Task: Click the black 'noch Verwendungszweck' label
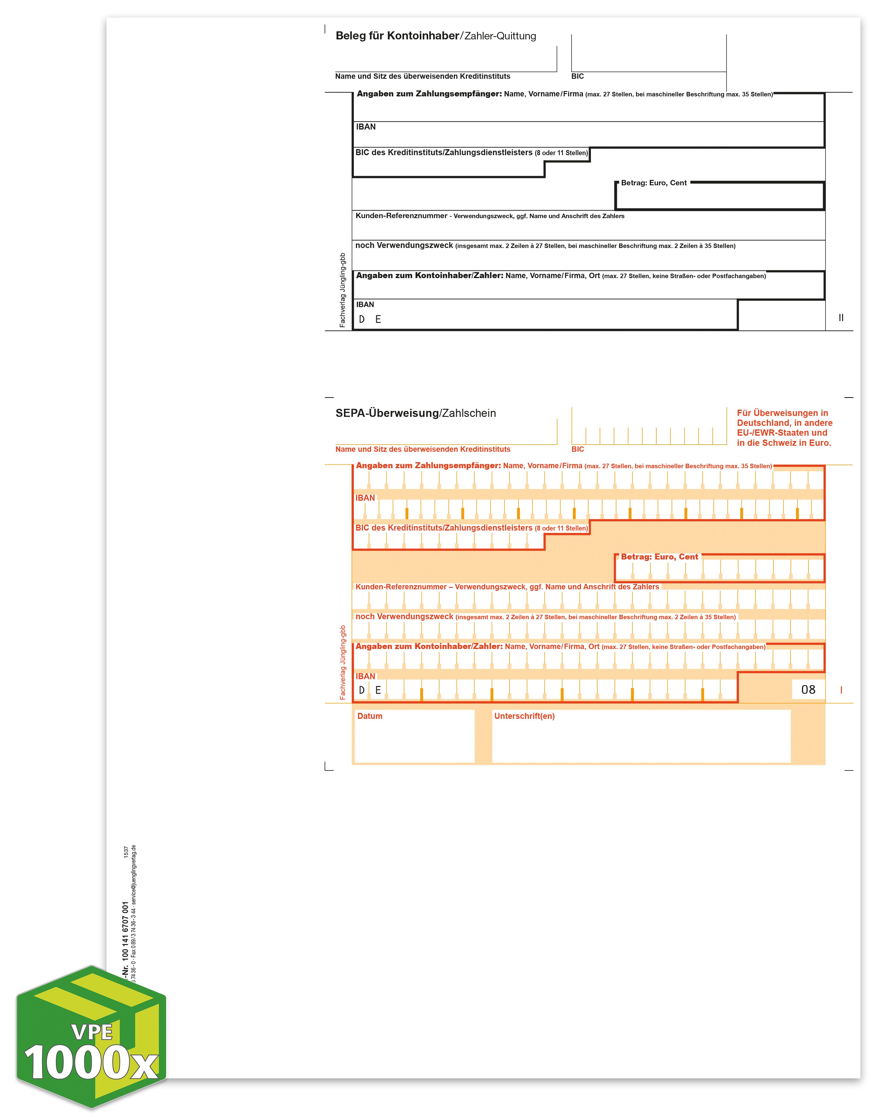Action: [404, 246]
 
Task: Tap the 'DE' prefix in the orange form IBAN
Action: [370, 690]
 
